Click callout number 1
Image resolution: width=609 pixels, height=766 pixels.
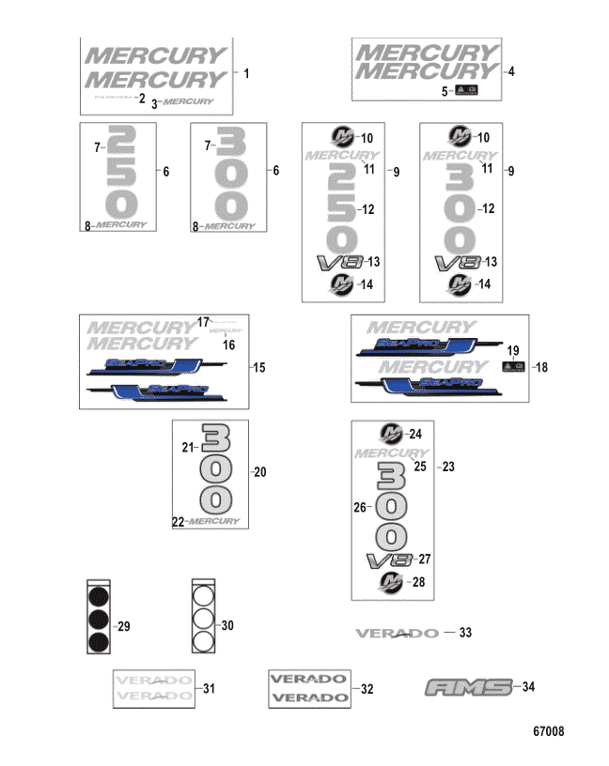pyautogui.click(x=247, y=73)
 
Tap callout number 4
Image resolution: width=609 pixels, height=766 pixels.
pyautogui.click(x=511, y=71)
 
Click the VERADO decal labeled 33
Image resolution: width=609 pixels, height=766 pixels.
pyautogui.click(x=396, y=634)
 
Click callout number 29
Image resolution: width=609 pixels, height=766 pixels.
pyautogui.click(x=122, y=625)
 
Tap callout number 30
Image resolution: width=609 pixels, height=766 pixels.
pyautogui.click(x=226, y=625)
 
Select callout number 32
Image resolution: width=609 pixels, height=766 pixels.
pyautogui.click(x=367, y=689)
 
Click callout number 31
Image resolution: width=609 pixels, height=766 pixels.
pyautogui.click(x=209, y=689)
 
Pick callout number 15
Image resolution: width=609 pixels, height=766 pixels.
pyautogui.click(x=258, y=367)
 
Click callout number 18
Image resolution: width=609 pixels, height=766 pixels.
pyautogui.click(x=540, y=367)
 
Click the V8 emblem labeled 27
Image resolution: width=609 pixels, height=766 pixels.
pyautogui.click(x=386, y=560)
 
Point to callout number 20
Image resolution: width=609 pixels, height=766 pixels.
pyautogui.click(x=260, y=472)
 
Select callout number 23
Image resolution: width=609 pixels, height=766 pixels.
pyautogui.click(x=447, y=467)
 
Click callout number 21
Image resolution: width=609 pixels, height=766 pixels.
pyautogui.click(x=187, y=448)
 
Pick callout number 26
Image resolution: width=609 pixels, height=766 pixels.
pyautogui.click(x=359, y=508)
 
